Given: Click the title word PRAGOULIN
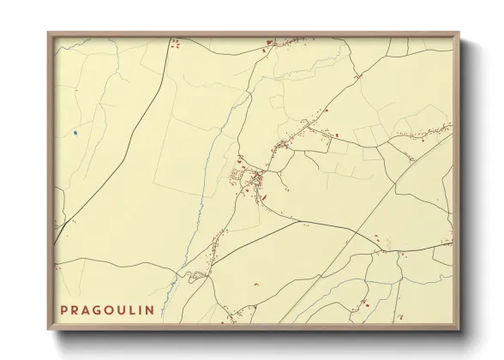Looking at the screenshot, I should click(x=107, y=309).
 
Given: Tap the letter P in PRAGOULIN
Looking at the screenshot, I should click(x=63, y=309).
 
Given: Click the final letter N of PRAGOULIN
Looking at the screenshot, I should click(x=150, y=309).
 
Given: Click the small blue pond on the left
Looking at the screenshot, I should click(x=75, y=132).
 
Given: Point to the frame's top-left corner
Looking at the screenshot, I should click(x=48, y=33).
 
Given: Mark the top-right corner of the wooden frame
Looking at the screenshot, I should click(x=459, y=33).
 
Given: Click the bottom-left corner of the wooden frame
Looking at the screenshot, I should click(x=48, y=330).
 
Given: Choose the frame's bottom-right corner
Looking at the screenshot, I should click(x=459, y=330).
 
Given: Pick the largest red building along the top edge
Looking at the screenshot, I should click(x=269, y=42).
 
